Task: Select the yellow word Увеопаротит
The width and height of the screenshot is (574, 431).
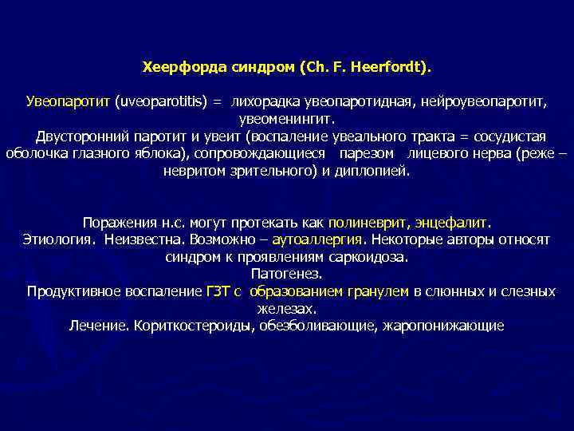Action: (x=68, y=102)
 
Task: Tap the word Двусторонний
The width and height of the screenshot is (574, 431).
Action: (x=76, y=136)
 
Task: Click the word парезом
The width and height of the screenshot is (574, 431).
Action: (x=369, y=153)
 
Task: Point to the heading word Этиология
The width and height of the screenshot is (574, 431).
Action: (x=54, y=239)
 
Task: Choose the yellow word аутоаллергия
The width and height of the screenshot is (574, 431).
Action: (x=316, y=239)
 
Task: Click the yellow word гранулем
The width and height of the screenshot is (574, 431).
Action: (x=379, y=291)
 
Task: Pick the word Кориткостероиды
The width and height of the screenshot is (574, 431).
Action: (x=191, y=326)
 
